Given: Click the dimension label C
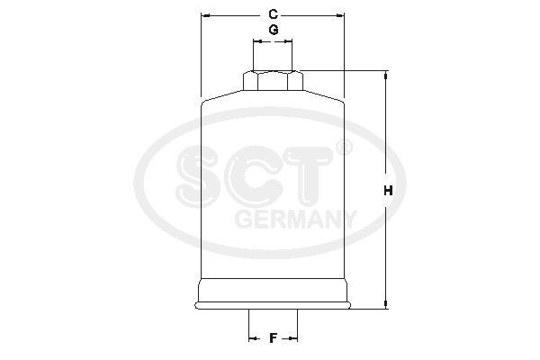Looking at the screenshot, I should click(x=273, y=13).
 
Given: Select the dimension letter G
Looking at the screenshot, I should click(x=273, y=31).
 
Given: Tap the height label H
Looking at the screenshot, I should click(x=387, y=191).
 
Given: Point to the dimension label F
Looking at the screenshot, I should click(x=272, y=338).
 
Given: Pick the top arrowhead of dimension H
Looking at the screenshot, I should click(x=387, y=76).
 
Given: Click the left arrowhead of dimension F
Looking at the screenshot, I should click(x=252, y=338).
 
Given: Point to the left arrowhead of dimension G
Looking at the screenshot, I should click(x=256, y=40).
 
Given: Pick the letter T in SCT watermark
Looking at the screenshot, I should click(x=310, y=177).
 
